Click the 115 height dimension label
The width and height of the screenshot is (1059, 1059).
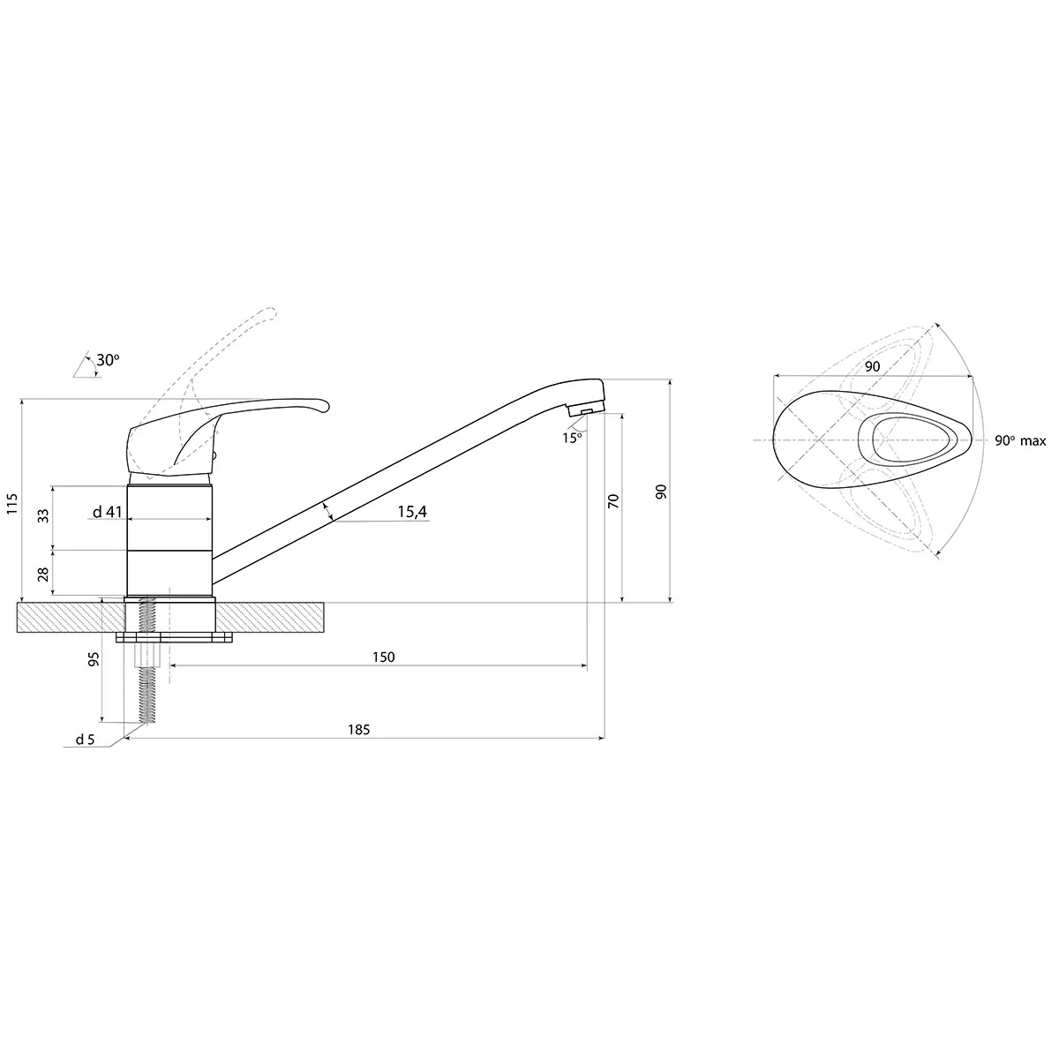(x=12, y=503)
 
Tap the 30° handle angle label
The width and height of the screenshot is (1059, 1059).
(x=108, y=360)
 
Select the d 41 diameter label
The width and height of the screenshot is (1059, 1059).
(x=107, y=512)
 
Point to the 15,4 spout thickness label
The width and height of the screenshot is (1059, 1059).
(x=412, y=512)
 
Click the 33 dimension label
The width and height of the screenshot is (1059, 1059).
(x=43, y=516)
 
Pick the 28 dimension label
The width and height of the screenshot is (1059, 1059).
(x=43, y=575)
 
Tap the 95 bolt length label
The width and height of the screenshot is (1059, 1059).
(x=94, y=659)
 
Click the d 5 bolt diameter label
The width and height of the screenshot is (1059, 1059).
(x=86, y=740)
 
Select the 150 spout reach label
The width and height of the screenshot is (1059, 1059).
(x=383, y=657)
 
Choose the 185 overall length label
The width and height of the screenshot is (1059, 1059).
(x=358, y=730)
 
